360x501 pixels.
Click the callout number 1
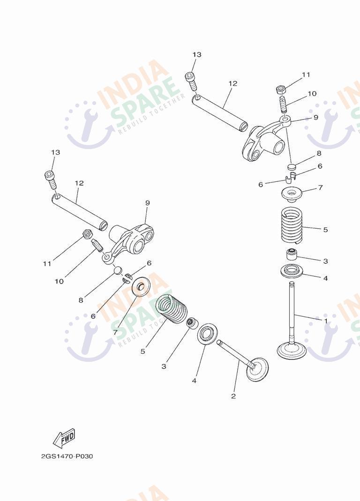(x=326, y=321)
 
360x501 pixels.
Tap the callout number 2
(x=233, y=396)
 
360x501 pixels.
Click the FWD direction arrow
(x=64, y=438)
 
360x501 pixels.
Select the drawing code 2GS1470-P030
(x=67, y=456)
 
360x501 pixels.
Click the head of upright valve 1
(x=291, y=351)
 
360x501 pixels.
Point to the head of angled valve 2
(x=257, y=369)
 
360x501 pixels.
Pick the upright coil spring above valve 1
(x=292, y=224)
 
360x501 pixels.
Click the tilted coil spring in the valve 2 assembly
(x=172, y=309)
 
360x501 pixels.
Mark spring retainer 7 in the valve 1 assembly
(x=292, y=194)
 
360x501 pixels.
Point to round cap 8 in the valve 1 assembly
(x=292, y=167)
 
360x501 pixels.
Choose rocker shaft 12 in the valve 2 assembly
(x=79, y=212)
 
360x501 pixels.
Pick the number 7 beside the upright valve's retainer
(x=320, y=187)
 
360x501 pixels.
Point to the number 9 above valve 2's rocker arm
(x=147, y=203)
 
